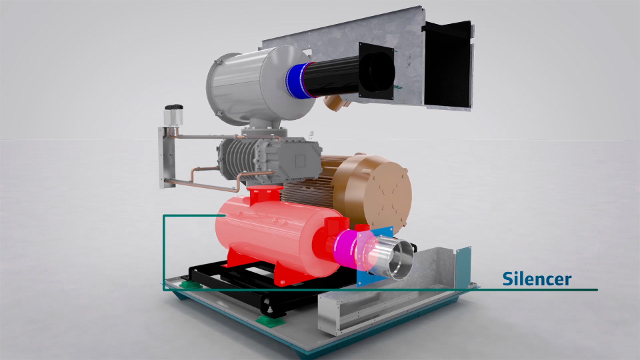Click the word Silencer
click(536, 279)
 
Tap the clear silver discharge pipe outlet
click(393, 257)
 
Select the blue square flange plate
click(375, 257)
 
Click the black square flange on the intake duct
click(376, 71)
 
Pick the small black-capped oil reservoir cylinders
click(173, 115)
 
